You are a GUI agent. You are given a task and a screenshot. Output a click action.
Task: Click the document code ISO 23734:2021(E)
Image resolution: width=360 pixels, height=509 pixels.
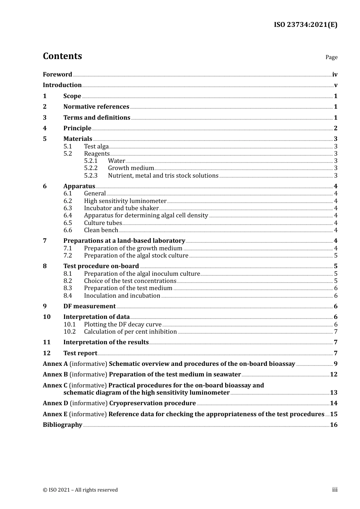[305, 25]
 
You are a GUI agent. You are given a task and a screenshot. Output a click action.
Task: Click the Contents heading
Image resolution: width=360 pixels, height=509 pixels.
[62, 56]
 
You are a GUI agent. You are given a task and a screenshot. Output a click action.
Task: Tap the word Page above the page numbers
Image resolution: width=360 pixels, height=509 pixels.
[331, 57]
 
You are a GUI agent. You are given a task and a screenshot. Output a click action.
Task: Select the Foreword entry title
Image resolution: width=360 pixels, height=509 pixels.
[57, 75]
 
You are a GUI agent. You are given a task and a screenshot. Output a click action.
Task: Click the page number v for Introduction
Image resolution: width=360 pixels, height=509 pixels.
[335, 85]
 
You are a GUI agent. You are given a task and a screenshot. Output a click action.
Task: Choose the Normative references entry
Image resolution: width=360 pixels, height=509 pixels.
[96, 107]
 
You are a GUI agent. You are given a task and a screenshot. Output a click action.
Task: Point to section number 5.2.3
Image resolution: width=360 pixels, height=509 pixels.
[91, 176]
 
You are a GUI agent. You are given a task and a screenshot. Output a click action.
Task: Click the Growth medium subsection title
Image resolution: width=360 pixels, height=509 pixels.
[131, 168]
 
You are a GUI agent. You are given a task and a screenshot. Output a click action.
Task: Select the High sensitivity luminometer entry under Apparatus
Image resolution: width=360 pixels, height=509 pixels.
[125, 201]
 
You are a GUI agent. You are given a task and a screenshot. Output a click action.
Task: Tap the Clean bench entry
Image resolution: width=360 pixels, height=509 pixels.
[101, 230]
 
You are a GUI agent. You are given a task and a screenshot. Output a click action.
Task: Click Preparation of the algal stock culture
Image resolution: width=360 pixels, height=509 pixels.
[136, 256]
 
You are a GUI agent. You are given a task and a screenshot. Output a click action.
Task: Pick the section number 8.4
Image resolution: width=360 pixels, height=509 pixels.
[68, 296]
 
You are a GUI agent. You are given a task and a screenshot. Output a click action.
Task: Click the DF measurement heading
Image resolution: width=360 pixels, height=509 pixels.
[89, 306]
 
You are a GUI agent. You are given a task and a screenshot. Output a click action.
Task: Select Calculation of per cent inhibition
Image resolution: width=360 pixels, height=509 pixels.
[130, 332]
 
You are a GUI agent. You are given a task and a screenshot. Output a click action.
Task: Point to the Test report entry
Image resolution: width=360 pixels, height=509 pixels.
[80, 353]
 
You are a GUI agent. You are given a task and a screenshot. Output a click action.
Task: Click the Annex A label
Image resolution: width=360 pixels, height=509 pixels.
[55, 364]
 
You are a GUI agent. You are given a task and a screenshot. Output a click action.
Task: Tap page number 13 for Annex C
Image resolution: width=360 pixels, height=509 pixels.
[333, 393]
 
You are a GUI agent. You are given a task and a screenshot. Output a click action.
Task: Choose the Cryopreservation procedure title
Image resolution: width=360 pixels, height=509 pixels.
[152, 403]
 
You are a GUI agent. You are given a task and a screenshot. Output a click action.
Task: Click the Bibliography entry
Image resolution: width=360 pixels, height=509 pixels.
[63, 425]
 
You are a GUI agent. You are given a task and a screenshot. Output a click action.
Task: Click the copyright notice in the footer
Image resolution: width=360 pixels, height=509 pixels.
[80, 490]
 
